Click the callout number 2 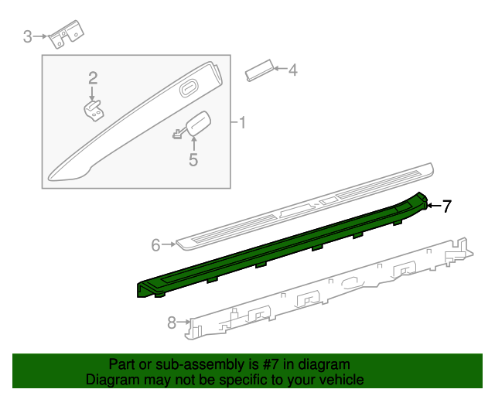[x=93, y=77]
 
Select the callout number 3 [x=27, y=36]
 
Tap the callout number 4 [x=292, y=70]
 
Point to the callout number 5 [x=193, y=160]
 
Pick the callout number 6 [x=155, y=245]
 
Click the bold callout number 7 [x=447, y=206]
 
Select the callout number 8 [x=172, y=323]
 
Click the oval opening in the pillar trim [x=189, y=90]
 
